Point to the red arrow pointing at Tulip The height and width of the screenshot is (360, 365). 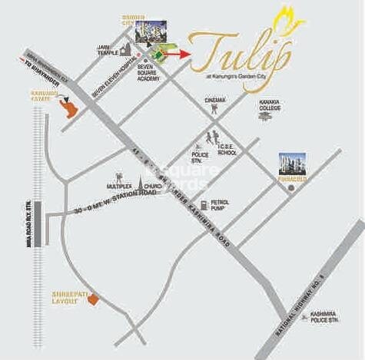[179, 54]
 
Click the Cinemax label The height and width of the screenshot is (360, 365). [215, 101]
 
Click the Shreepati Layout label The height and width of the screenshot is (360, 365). [65, 297]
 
